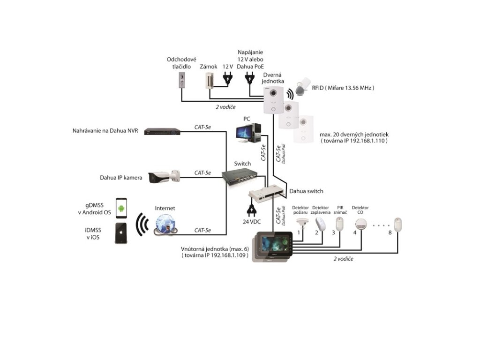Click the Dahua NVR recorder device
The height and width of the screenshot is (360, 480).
(x=162, y=131)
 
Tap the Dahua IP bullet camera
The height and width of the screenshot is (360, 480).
(x=164, y=177)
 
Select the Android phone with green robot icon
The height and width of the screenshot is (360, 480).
(x=121, y=209)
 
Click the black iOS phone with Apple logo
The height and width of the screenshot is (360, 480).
(x=121, y=233)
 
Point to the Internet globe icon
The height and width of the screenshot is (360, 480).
(x=165, y=224)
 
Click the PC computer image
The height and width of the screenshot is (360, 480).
(x=248, y=133)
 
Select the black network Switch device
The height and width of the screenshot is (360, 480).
(x=240, y=177)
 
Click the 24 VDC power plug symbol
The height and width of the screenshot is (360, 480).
(x=251, y=210)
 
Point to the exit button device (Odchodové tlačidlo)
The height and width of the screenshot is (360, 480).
(x=182, y=80)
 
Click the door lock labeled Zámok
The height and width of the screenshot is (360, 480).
(x=209, y=81)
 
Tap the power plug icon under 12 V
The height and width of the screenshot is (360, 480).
(x=227, y=78)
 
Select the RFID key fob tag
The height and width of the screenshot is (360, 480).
(x=302, y=87)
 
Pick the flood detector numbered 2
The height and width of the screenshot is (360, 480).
(x=320, y=224)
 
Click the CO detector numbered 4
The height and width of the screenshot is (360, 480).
(x=360, y=224)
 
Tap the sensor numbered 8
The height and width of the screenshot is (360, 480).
(x=397, y=225)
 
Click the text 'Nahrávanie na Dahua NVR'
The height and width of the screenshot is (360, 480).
(x=105, y=131)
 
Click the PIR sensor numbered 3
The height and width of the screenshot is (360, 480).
(x=339, y=224)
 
